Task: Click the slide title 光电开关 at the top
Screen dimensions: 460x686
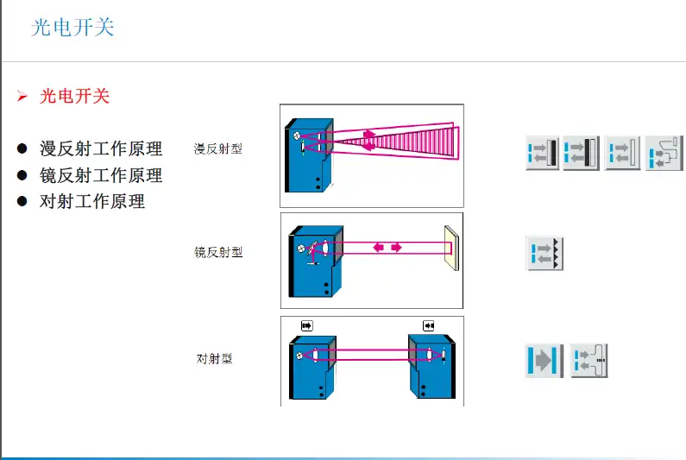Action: pos(72,28)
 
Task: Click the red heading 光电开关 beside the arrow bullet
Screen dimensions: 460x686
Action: pos(75,96)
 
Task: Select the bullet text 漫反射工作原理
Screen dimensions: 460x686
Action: pos(101,148)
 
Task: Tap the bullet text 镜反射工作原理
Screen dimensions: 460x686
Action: pos(101,175)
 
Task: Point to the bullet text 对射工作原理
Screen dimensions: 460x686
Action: pos(92,202)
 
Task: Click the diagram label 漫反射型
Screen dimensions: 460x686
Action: pos(218,149)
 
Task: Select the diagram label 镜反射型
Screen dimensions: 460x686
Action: pos(218,253)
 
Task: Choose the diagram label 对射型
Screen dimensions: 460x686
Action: pos(214,358)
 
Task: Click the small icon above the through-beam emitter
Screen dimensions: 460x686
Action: pos(306,325)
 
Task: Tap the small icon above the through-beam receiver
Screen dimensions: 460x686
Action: pos(428,325)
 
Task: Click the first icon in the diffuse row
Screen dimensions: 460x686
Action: pos(543,154)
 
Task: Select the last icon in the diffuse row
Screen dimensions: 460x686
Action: pos(664,154)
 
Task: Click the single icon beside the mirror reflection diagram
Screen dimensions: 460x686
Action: pos(544,253)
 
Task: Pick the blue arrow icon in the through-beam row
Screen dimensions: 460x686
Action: pos(544,360)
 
